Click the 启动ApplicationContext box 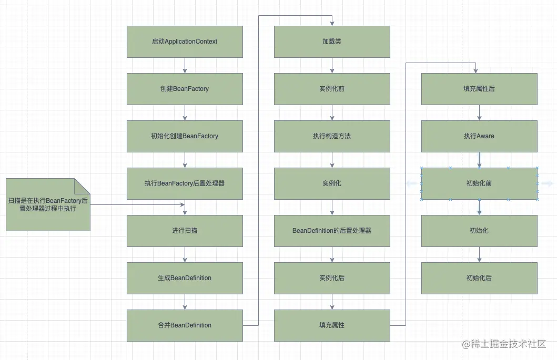pos(185,42)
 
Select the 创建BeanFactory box pos(185,89)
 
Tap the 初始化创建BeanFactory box pos(185,136)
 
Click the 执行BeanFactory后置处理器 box pos(185,183)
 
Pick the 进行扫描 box pos(185,231)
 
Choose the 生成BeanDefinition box pos(185,278)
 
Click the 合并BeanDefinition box pos(185,325)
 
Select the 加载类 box pos(332,42)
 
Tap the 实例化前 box pos(332,89)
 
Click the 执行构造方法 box pos(332,136)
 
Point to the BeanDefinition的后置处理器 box pos(332,231)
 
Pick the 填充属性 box pos(332,325)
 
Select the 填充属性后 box pos(479,89)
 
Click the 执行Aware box pos(479,136)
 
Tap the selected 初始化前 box pos(479,183)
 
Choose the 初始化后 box pos(479,278)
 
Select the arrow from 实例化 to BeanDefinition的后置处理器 pos(332,207)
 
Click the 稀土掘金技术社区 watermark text pos(508,344)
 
